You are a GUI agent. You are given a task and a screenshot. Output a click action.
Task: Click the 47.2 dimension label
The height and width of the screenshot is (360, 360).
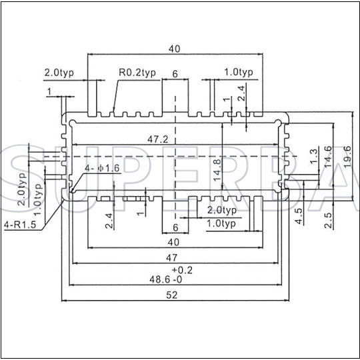(158, 139)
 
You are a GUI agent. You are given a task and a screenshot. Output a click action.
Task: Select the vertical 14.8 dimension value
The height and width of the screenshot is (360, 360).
(217, 170)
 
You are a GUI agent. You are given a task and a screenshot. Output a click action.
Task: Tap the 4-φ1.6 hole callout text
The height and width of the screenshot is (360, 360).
(103, 168)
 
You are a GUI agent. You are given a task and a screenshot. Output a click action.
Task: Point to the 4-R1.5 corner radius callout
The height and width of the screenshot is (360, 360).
(20, 225)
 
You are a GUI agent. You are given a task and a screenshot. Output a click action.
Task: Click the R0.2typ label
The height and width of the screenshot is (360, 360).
(137, 73)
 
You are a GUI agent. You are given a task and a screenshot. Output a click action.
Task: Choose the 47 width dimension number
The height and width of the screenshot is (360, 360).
(172, 258)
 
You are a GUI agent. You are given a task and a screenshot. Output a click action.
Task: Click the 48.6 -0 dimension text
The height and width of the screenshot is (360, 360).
(166, 279)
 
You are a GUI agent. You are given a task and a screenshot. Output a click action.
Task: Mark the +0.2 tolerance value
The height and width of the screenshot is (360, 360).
(182, 270)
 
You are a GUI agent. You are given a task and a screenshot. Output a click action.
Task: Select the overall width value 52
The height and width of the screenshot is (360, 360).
(172, 295)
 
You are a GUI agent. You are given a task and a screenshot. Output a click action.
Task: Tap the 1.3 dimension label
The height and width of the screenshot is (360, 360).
(314, 156)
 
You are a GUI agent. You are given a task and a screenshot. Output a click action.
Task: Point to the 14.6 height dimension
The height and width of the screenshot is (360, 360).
(328, 157)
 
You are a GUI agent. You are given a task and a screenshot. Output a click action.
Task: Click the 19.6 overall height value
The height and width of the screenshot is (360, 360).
(347, 157)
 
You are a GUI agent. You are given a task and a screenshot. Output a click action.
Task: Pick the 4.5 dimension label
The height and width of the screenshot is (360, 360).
(299, 216)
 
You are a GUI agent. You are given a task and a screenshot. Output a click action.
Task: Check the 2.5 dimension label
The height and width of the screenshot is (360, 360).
(328, 220)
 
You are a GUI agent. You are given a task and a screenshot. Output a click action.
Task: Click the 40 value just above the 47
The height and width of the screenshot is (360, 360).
(173, 242)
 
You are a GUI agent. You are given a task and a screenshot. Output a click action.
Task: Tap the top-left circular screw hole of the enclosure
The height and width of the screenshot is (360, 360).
(72, 123)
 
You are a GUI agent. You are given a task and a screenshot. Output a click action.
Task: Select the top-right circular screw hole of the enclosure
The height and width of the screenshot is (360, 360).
(278, 123)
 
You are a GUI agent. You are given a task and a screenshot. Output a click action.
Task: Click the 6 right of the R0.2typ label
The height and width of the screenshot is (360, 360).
(175, 74)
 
